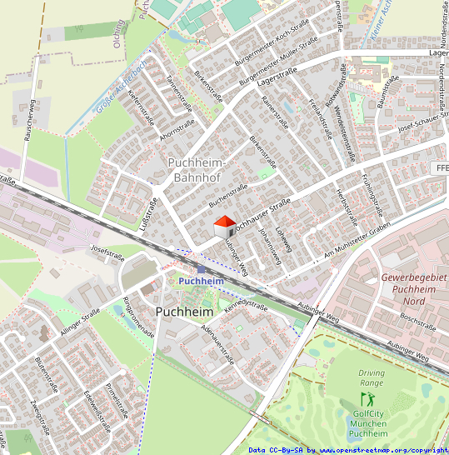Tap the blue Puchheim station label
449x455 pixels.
[201, 282]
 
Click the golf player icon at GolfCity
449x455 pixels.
[367, 400]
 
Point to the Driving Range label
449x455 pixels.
[372, 379]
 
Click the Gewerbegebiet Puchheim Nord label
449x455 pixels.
[408, 288]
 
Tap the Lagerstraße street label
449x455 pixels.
[277, 77]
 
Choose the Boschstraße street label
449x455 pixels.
[417, 320]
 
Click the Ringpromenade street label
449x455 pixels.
[138, 317]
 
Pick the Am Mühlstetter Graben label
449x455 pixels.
[357, 244]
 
